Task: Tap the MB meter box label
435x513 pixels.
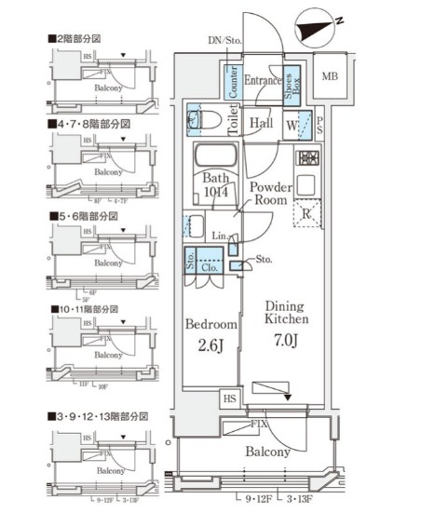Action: pos(330,75)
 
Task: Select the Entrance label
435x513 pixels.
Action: pos(263,82)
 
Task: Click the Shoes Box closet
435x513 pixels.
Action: pos(292,85)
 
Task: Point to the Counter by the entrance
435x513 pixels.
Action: pos(232,82)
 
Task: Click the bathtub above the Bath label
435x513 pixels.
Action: pos(217,155)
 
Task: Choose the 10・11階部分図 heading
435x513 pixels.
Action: pos(86,308)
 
